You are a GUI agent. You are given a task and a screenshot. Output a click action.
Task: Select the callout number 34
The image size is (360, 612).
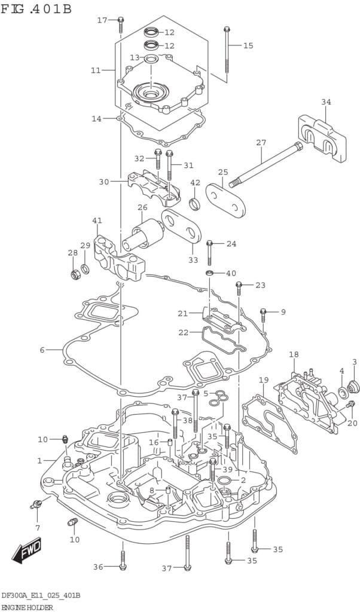[326, 102]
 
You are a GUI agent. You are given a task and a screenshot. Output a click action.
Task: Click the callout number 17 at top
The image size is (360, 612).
[102, 20]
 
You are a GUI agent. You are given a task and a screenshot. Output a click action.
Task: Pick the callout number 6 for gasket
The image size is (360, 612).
[42, 350]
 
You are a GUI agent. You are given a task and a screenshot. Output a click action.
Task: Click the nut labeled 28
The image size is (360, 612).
[76, 275]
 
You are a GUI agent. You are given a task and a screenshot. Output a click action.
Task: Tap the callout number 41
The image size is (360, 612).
[97, 221]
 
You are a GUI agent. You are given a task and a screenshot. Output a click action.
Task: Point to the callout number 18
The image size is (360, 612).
[294, 355]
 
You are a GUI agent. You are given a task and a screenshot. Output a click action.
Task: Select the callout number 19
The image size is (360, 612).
[264, 380]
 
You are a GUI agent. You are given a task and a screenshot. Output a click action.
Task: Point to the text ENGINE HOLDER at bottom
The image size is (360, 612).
[27, 607]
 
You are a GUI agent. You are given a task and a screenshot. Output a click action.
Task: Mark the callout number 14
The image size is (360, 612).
[96, 119]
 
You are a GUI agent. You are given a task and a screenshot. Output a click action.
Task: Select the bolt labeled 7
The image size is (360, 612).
[35, 506]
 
